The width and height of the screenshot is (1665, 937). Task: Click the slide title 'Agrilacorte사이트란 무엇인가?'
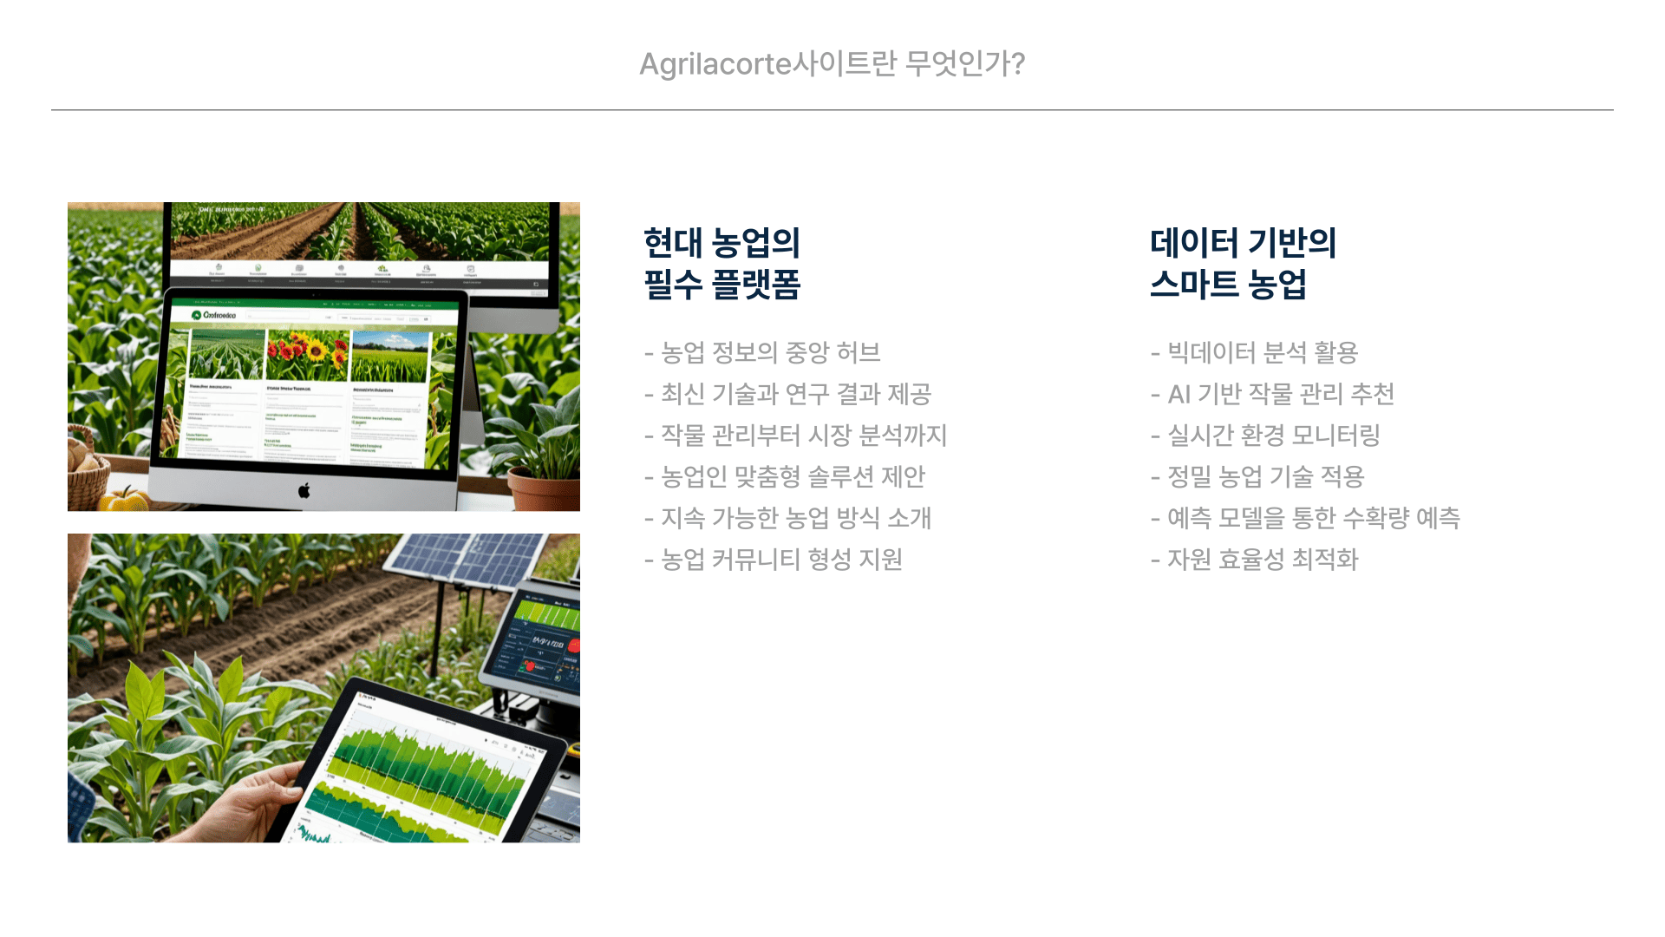tap(832, 63)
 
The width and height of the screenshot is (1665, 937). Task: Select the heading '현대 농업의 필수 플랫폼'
tap(721, 263)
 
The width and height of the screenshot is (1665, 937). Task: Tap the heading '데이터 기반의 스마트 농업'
tap(1243, 263)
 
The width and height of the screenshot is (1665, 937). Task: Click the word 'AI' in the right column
tap(1179, 395)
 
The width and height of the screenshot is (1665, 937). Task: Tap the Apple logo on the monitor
tap(304, 491)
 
